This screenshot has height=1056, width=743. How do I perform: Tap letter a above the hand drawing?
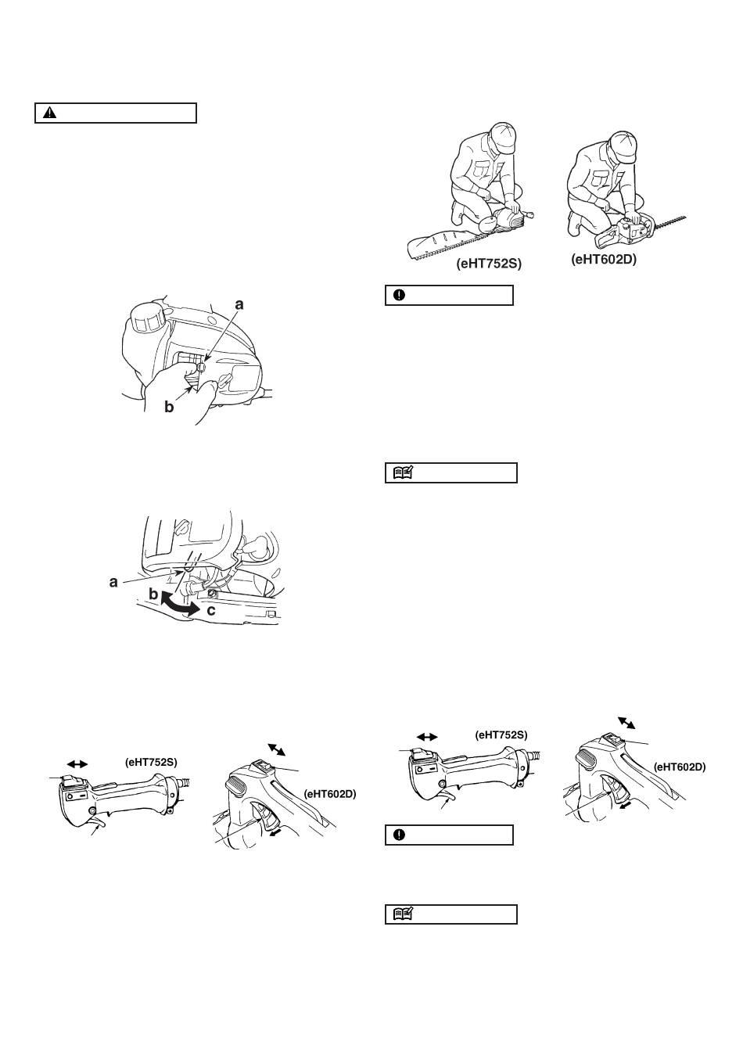click(239, 304)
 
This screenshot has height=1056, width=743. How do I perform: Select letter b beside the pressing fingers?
click(169, 408)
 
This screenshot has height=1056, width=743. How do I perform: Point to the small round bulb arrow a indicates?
click(202, 365)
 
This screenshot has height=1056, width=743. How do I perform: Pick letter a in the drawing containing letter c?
click(114, 582)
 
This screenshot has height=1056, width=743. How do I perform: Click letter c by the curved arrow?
click(211, 609)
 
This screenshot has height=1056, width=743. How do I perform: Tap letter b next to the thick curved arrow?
click(153, 594)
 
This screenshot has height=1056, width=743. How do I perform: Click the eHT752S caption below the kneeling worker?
click(489, 264)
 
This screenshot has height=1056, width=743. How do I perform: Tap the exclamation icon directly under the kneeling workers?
click(399, 295)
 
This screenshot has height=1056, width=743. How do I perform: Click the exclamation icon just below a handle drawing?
click(399, 835)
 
